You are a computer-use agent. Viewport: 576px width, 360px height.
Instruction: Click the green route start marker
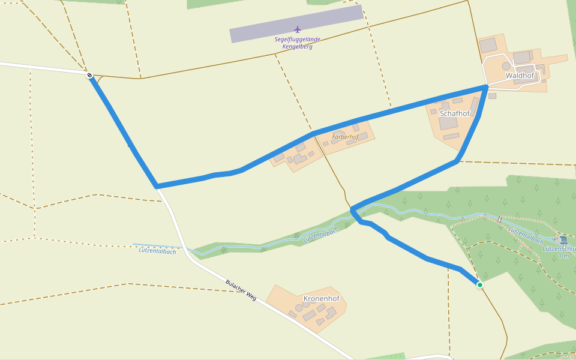pyautogui.click(x=480, y=285)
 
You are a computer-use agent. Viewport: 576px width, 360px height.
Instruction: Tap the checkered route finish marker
pyautogui.click(x=89, y=75)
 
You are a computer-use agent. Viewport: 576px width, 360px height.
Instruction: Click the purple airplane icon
pyautogui.click(x=298, y=29)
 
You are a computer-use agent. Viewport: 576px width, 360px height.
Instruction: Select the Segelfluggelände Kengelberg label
pyautogui.click(x=298, y=43)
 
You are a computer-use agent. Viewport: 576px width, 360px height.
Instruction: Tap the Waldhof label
pyautogui.click(x=520, y=76)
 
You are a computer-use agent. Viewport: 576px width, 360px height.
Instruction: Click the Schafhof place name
pyautogui.click(x=454, y=113)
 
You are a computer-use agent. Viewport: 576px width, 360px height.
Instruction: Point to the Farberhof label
pyautogui.click(x=345, y=137)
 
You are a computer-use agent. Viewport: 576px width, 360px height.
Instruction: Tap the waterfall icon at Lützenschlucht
pyautogui.click(x=563, y=241)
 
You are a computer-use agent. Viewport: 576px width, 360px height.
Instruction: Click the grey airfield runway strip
pyautogui.click(x=296, y=24)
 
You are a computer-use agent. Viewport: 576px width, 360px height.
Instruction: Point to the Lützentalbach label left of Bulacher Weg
pyautogui.click(x=157, y=251)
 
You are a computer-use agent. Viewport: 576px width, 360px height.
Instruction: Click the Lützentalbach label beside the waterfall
pyautogui.click(x=526, y=235)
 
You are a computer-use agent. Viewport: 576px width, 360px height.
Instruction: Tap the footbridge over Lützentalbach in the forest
pyautogui.click(x=499, y=220)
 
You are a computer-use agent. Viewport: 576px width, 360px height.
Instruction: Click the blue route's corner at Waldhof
pyautogui.click(x=486, y=88)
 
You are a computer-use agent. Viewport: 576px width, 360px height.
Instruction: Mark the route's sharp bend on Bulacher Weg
pyautogui.click(x=157, y=186)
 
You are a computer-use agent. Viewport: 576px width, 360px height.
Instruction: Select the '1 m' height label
pyautogui.click(x=563, y=256)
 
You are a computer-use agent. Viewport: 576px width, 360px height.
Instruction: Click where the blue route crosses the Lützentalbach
pyautogui.click(x=354, y=211)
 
